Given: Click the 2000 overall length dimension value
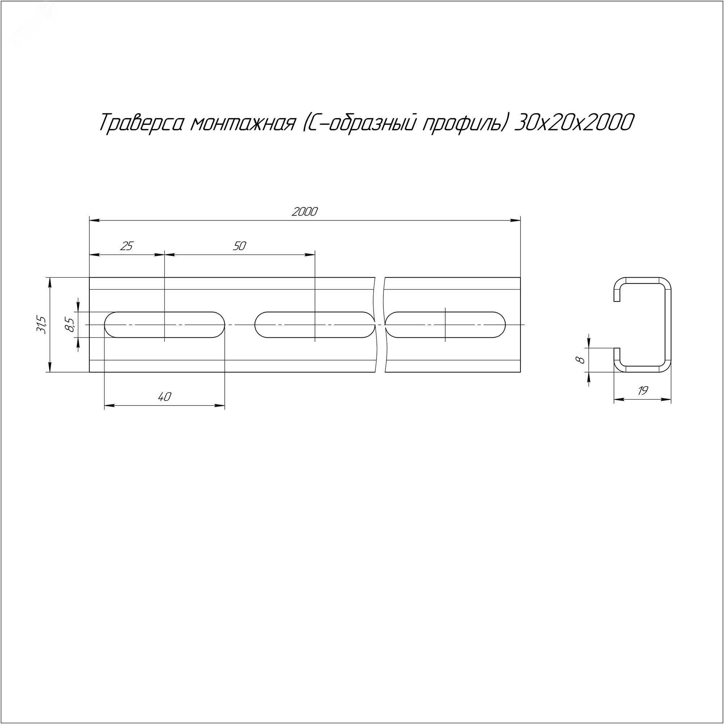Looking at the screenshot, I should (304, 212).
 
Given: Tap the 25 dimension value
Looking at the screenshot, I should (127, 246).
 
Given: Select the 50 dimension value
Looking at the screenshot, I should (239, 246).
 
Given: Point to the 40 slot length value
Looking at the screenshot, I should (164, 396).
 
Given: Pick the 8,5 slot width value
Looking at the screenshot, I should (70, 324).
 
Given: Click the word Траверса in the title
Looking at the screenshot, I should (142, 123).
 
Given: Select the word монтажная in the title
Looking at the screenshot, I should (243, 123).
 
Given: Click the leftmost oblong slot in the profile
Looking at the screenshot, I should (164, 324).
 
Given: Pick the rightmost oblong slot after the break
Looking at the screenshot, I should (445, 324).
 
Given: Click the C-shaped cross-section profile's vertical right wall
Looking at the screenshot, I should (668, 324).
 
